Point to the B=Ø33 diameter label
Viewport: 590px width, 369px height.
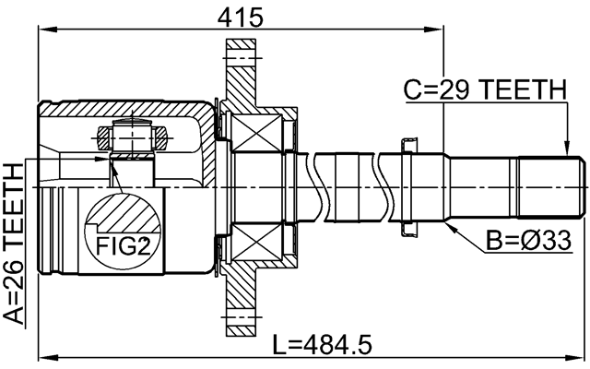coord(527,243)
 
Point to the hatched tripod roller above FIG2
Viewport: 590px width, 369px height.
coord(132,139)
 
